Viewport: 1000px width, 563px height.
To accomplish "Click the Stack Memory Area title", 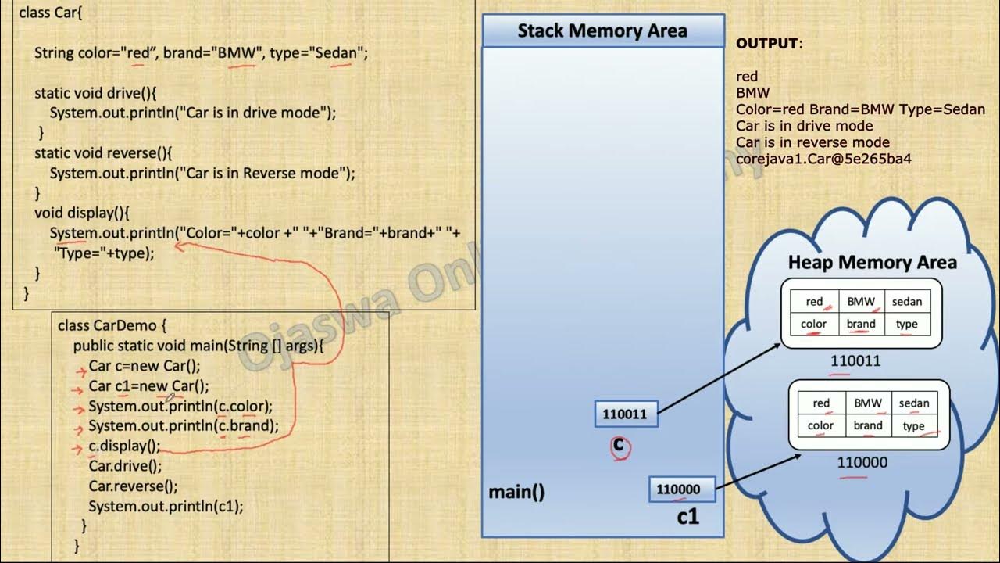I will pos(602,31).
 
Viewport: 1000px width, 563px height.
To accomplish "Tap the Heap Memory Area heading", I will pos(872,263).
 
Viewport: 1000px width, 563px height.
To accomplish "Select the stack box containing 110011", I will pos(626,414).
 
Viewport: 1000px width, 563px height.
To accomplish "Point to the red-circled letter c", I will pos(620,446).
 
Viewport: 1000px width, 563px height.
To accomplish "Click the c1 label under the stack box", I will pos(687,517).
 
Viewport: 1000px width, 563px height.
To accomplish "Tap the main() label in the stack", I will pos(516,492).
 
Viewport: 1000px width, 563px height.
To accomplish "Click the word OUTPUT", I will pos(767,44).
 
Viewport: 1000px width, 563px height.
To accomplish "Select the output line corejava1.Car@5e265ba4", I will pos(823,159).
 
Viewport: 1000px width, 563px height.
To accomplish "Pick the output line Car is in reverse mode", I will pos(812,142).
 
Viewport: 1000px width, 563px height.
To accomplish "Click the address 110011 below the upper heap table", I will pos(855,361).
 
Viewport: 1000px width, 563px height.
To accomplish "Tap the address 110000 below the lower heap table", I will pos(862,462).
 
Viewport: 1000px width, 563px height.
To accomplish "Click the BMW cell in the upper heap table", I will pos(861,302).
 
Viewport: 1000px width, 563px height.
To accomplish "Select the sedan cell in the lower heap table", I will pos(914,403).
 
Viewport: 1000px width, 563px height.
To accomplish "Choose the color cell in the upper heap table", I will pos(814,324).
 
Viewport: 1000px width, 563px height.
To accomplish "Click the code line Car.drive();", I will pos(125,466).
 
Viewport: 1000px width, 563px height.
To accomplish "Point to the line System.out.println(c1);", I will pos(166,506).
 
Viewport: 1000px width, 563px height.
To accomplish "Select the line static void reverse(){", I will pos(103,153).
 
